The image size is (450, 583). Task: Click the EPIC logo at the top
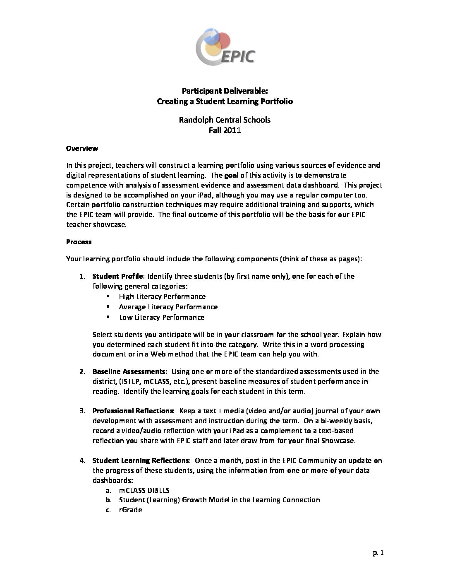click(x=225, y=47)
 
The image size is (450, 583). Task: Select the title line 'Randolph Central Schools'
click(x=225, y=120)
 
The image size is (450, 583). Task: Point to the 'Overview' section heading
click(x=82, y=148)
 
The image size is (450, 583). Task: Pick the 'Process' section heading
click(x=79, y=242)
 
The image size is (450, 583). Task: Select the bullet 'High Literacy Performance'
click(x=162, y=296)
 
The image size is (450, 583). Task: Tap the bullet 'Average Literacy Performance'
click(x=168, y=307)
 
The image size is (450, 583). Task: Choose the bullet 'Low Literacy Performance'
click(x=162, y=317)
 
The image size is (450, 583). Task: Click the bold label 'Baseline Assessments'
click(x=129, y=371)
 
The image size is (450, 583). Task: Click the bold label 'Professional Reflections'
click(x=133, y=411)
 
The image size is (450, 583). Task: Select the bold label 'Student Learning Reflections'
click(x=141, y=460)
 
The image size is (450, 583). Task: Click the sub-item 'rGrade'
click(x=130, y=510)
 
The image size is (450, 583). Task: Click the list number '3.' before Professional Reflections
click(x=82, y=411)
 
